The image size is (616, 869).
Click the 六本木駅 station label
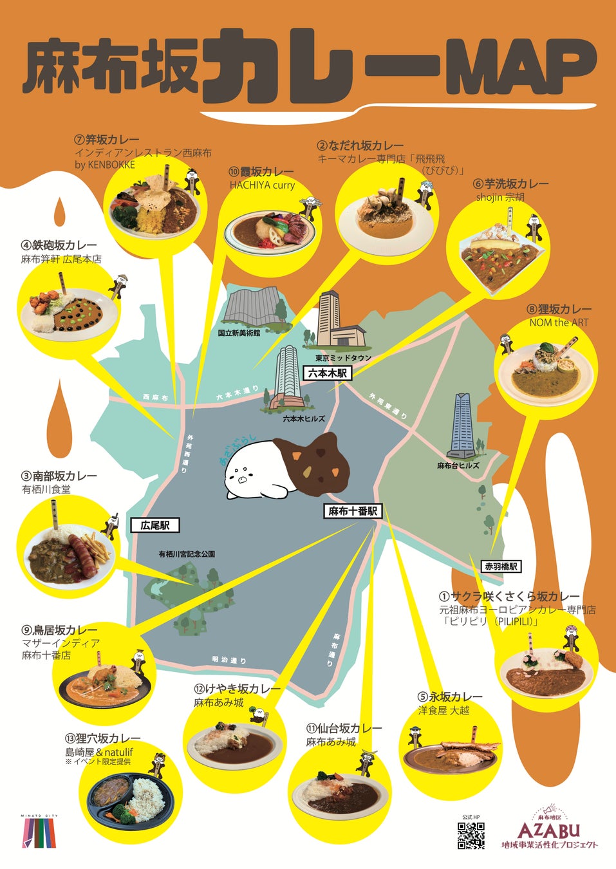point(328,373)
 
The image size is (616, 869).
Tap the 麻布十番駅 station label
point(352,511)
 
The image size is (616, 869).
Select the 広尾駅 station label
point(155,525)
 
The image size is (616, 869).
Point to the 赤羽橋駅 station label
point(501,566)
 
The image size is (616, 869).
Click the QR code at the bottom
point(471,836)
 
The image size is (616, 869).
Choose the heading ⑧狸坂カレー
point(559,310)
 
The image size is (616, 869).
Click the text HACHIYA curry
point(262,185)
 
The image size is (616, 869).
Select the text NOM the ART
point(559,322)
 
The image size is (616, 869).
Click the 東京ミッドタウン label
point(343,358)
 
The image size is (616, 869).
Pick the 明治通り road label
point(229,660)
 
